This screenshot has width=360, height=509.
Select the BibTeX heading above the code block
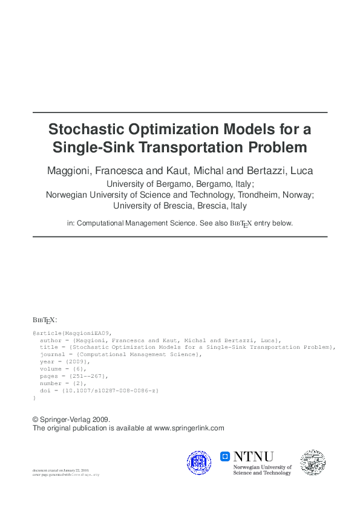coord(44,320)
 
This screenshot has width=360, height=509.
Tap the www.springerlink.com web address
coord(189,428)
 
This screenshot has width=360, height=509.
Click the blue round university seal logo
coord(199,462)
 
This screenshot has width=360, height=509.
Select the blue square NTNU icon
coord(224,456)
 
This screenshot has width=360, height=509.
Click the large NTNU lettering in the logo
coord(254,456)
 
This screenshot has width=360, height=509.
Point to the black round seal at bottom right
coord(313,462)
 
